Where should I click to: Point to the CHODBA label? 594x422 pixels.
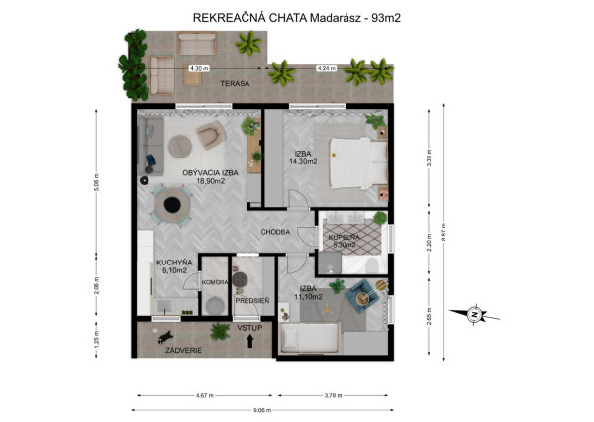[275, 232]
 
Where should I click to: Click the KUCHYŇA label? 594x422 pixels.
[173, 263]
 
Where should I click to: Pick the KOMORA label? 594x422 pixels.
[215, 282]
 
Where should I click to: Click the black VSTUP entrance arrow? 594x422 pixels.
[248, 341]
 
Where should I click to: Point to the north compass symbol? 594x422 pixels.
[474, 315]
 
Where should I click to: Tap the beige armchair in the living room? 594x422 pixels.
[210, 133]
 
